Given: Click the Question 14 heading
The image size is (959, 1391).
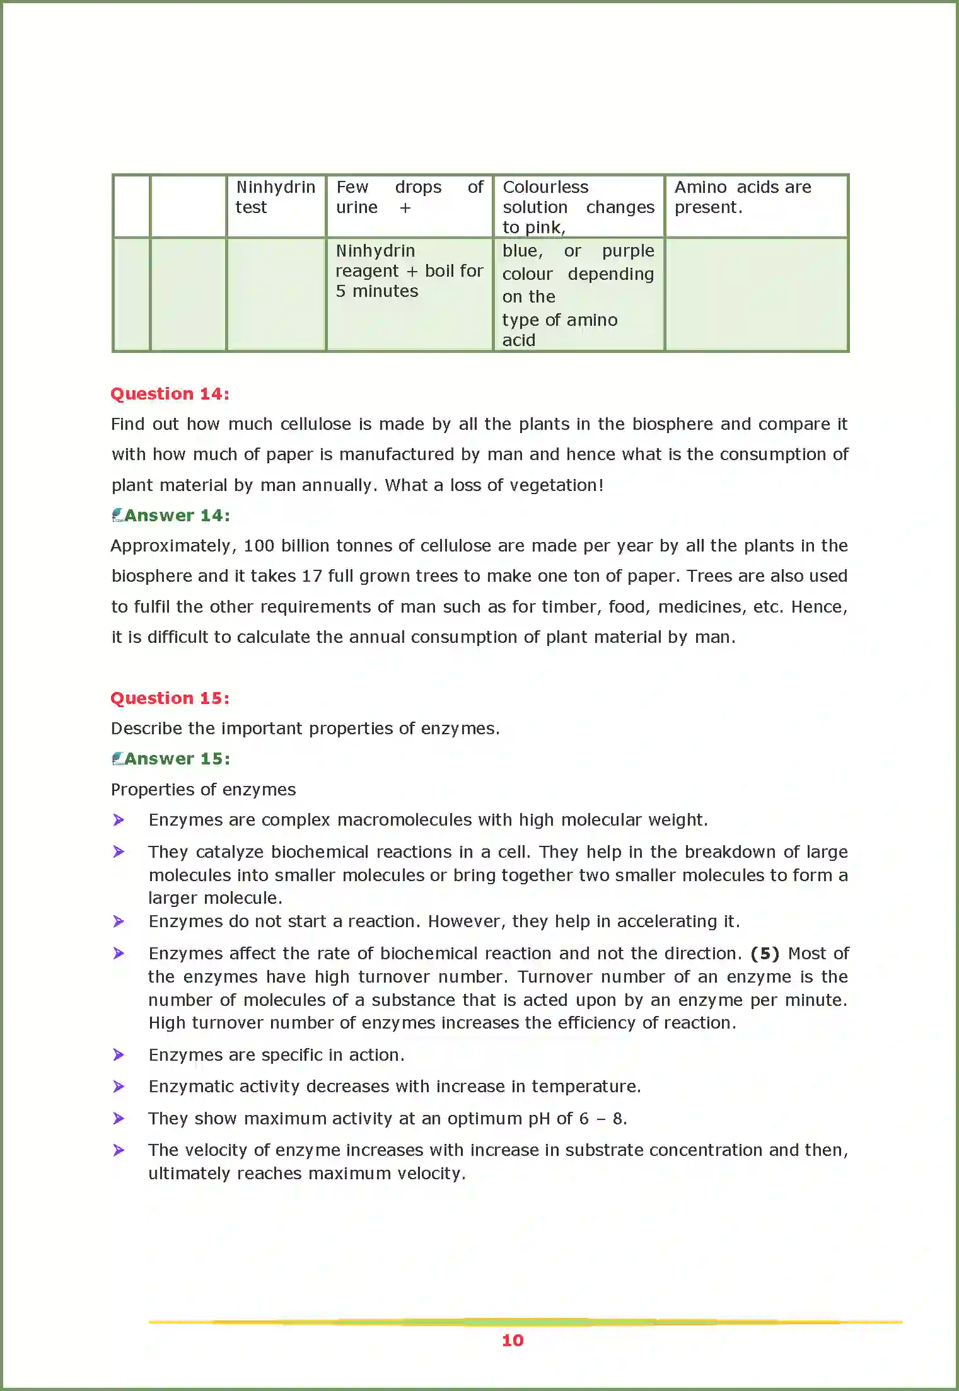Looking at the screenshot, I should point(170,393).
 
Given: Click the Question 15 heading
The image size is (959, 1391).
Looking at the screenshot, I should point(170,698).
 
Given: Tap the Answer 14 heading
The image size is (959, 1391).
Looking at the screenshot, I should point(177,515).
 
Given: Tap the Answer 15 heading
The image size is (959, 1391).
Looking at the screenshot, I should point(177,758).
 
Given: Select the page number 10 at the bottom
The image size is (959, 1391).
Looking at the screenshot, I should point(512,1340).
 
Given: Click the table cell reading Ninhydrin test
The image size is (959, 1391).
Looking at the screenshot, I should point(275,197).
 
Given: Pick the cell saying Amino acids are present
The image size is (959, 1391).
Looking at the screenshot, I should point(742,197).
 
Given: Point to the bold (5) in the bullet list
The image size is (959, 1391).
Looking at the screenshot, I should point(764,953).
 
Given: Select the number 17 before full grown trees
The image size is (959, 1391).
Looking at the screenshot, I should point(311,576).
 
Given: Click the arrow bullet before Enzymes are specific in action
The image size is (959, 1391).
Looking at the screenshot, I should point(119,1054).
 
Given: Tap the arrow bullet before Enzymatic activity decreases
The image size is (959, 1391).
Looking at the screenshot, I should point(119,1086).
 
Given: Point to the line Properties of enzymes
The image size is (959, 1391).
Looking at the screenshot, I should point(203,789).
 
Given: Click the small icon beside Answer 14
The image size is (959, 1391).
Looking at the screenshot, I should point(117,515).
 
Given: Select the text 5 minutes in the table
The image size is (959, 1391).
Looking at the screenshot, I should point(376,291).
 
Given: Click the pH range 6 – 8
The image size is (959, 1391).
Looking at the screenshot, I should point(602,1119).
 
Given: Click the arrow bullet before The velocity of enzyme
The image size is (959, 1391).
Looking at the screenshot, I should point(119,1150).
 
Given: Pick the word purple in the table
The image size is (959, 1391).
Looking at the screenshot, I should point(627,251).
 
